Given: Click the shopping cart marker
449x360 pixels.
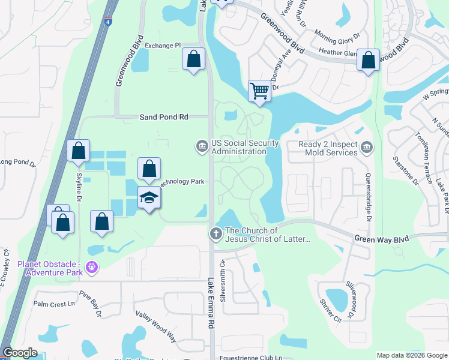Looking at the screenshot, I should pyautogui.click(x=259, y=92).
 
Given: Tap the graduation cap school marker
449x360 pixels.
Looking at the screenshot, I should pyautogui.click(x=149, y=197).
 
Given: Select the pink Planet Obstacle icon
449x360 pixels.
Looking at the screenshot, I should pyautogui.click(x=91, y=266).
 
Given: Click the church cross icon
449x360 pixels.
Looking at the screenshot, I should pyautogui.click(x=215, y=233).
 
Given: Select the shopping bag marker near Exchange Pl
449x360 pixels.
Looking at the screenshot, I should pyautogui.click(x=193, y=59).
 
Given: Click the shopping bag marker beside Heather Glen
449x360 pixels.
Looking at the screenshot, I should pyautogui.click(x=368, y=60).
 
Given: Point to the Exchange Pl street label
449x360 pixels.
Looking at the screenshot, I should pyautogui.click(x=163, y=45).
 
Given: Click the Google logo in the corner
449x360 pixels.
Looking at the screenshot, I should pyautogui.click(x=20, y=353).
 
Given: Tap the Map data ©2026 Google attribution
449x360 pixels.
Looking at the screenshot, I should pyautogui.click(x=411, y=355).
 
